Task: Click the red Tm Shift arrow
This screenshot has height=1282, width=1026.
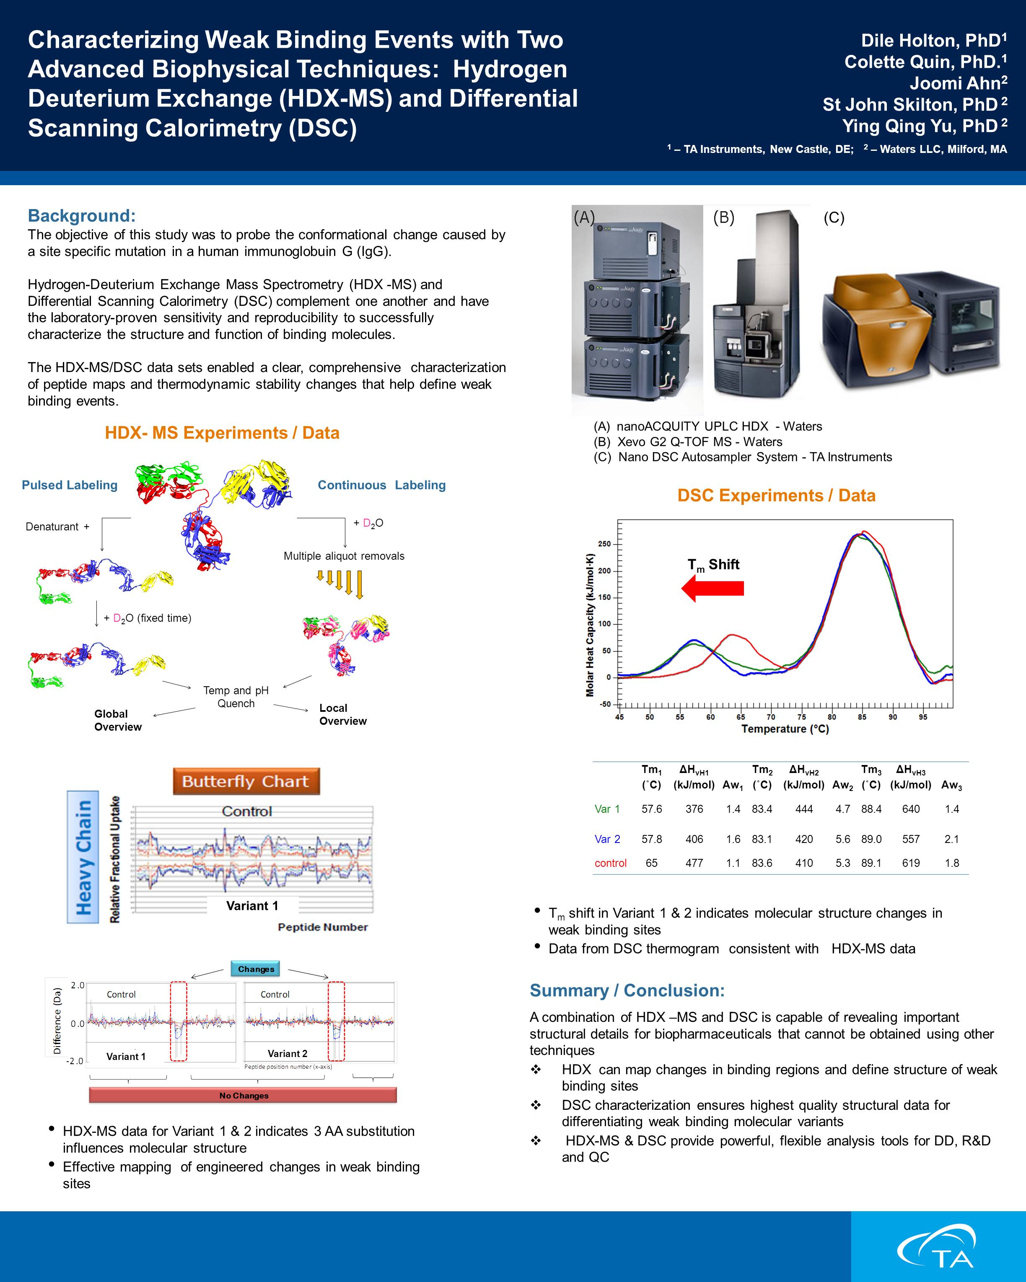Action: pos(712,588)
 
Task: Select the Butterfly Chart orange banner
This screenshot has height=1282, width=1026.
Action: pos(246,781)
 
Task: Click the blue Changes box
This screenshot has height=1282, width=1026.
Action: pos(256,969)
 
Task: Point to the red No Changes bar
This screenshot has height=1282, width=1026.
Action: pos(243,1095)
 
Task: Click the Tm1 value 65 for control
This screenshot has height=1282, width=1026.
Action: pos(651,863)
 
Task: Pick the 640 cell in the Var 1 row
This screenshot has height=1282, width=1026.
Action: pos(911,809)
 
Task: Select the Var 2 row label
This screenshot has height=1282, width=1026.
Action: pos(607,839)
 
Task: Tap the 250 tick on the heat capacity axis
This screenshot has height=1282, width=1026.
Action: pos(604,544)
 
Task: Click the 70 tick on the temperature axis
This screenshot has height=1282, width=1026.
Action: pos(771,716)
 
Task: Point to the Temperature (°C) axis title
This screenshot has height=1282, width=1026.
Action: pos(785,729)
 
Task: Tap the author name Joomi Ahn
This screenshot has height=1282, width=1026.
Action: pos(958,83)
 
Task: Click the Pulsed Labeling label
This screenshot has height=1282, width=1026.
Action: pos(70,485)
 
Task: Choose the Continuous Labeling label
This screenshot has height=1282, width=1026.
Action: pos(381,485)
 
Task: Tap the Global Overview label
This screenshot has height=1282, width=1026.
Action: pos(118,720)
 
